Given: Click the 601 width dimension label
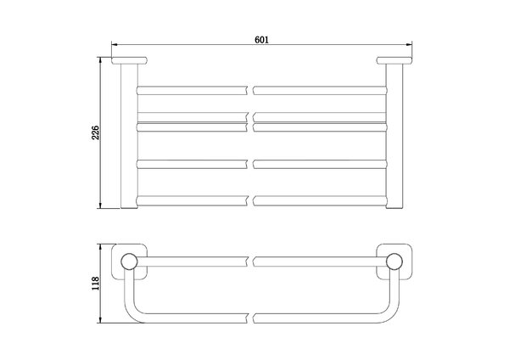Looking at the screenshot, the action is (x=261, y=40).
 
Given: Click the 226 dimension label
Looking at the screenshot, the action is (x=95, y=132).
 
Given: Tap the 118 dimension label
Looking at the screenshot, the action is (x=95, y=284).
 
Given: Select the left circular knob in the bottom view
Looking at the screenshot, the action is (x=129, y=262).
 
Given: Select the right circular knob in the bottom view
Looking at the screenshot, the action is (x=394, y=262).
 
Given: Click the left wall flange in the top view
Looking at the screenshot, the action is (x=130, y=60).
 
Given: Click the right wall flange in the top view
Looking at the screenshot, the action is (x=394, y=60).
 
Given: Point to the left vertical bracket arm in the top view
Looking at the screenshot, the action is (x=129, y=136).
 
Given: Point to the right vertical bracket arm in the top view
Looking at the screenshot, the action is (x=394, y=136).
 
